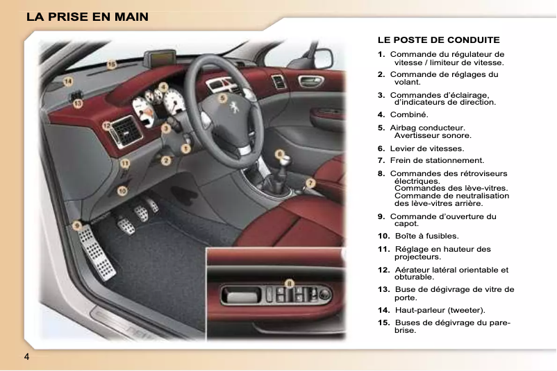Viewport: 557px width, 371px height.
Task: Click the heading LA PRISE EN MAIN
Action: click(x=87, y=16)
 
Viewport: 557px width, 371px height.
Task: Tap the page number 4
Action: click(x=26, y=356)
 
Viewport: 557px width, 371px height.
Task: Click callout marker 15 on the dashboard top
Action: click(x=111, y=64)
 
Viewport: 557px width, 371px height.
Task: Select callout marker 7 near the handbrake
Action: click(x=311, y=182)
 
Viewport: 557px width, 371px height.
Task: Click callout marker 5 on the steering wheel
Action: click(x=222, y=98)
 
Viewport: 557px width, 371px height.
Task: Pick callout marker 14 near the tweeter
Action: click(x=67, y=81)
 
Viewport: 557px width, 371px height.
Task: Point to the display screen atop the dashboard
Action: click(x=158, y=60)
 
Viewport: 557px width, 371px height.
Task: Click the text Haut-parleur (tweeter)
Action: click(x=440, y=309)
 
